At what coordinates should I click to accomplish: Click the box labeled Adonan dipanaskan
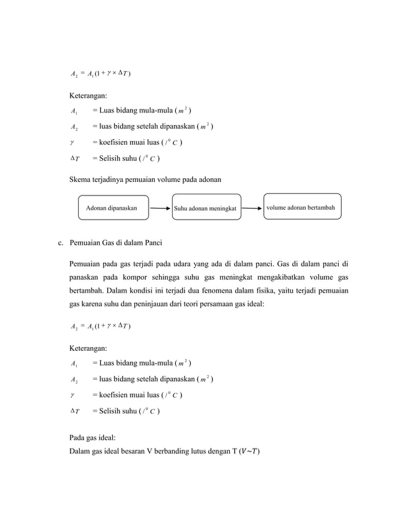[x=116, y=208]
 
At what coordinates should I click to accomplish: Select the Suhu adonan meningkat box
[x=206, y=208]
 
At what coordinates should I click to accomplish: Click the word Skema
[x=81, y=179]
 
